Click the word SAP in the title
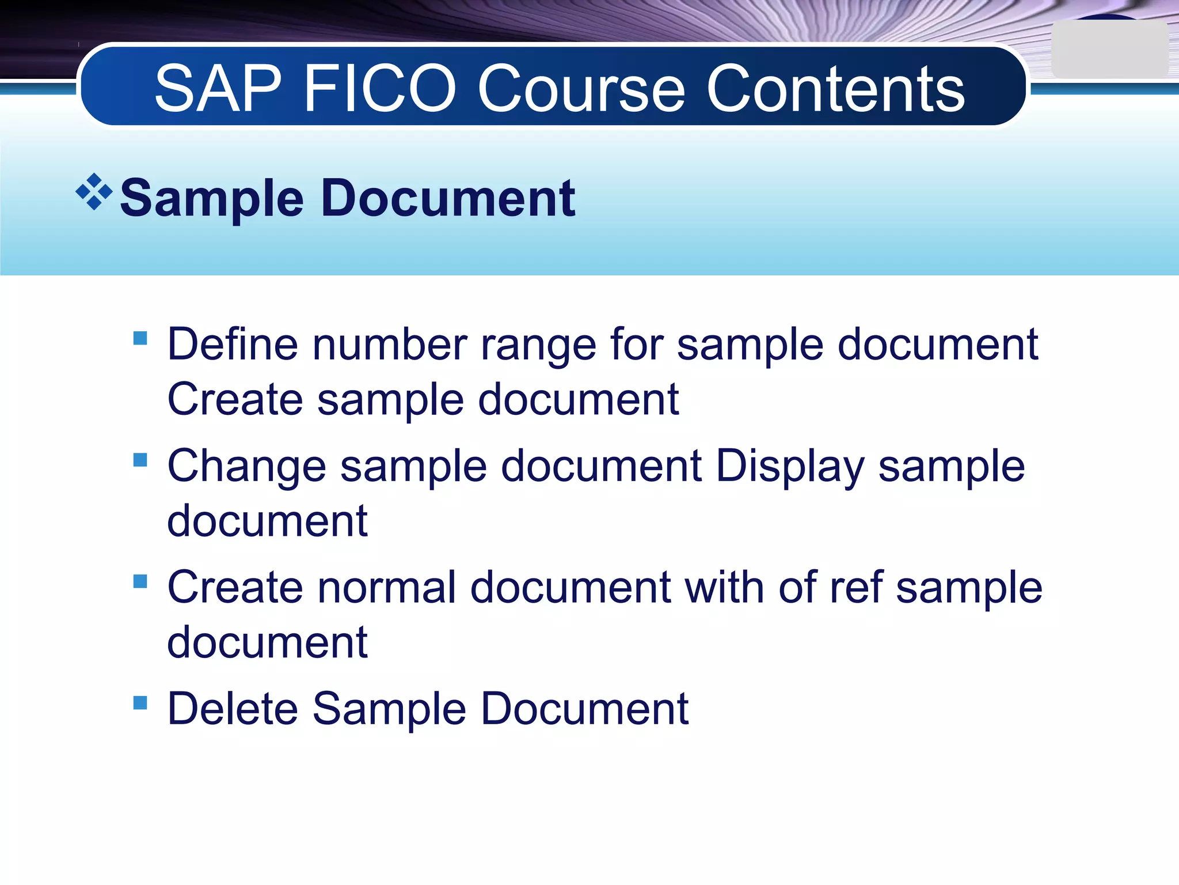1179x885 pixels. (x=219, y=89)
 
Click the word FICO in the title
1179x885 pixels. (x=379, y=89)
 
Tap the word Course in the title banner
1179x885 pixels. (x=581, y=89)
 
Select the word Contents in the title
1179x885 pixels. (x=835, y=89)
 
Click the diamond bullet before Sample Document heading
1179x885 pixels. (x=94, y=192)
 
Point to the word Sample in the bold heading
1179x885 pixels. (x=211, y=199)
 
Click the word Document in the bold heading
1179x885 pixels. (x=448, y=199)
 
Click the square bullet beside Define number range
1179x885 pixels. (x=140, y=338)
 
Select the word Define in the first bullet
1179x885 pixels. (x=233, y=345)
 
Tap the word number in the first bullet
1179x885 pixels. (x=390, y=345)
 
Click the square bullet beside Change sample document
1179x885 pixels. (x=140, y=460)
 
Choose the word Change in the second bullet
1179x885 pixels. (x=246, y=467)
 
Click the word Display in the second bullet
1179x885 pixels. (x=790, y=467)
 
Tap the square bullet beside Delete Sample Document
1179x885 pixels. (x=140, y=702)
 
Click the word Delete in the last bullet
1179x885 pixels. (x=233, y=709)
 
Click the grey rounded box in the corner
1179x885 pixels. (x=1109, y=50)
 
